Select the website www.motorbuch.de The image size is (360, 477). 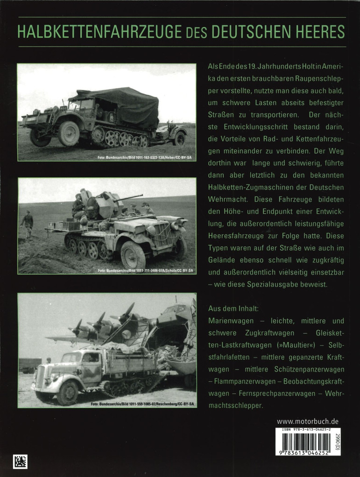[x=307, y=421]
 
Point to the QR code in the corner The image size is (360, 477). [x=20, y=461]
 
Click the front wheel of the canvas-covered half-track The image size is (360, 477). [x=69, y=133]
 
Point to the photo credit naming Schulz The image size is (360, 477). [x=146, y=270]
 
